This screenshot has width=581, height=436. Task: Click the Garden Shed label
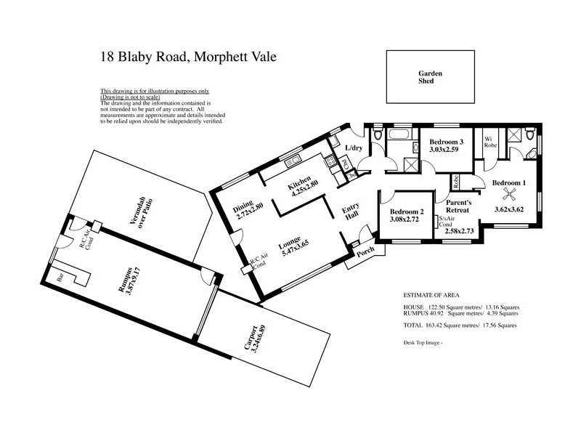[430, 77]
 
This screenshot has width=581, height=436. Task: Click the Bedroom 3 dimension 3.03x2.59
[446, 150]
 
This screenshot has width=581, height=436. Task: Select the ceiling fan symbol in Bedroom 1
[512, 193]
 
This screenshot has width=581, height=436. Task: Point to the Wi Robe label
[490, 142]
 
